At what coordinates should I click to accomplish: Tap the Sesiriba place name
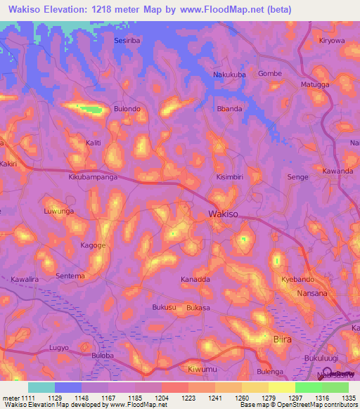129,41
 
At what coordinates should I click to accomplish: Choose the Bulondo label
127,109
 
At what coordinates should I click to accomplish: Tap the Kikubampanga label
93,178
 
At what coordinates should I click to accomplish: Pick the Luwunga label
58,211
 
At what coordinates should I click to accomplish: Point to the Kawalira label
26,279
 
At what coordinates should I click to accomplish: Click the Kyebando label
297,279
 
